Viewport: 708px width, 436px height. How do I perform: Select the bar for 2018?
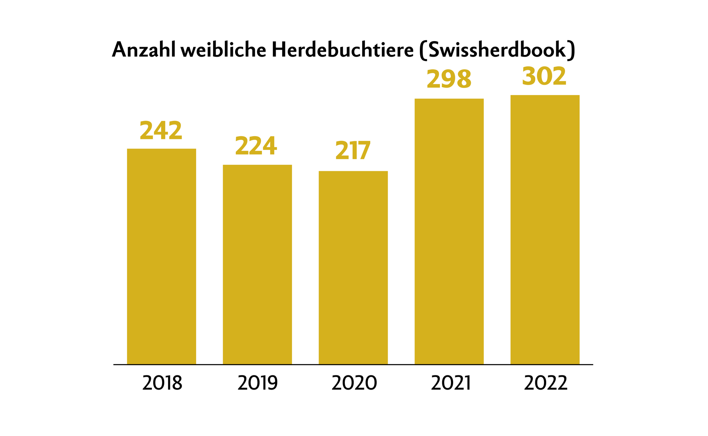(x=161, y=256)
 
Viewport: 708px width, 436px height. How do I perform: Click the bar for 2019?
(x=257, y=264)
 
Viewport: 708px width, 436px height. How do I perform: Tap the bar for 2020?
(x=353, y=268)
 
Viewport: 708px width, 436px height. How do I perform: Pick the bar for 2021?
(x=449, y=231)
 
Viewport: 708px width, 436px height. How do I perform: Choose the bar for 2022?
(x=545, y=229)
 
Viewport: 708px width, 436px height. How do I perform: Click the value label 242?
(x=161, y=131)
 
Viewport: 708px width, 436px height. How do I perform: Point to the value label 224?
(x=256, y=146)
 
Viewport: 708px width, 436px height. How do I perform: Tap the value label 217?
(x=353, y=151)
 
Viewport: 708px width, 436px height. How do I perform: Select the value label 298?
(x=449, y=79)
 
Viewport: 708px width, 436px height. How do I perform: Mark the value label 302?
(x=544, y=77)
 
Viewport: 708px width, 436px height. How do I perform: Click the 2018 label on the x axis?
(x=162, y=383)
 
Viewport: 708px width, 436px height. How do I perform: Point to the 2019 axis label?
(x=258, y=383)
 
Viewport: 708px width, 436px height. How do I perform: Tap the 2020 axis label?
(x=354, y=383)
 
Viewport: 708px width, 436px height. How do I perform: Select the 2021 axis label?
(x=451, y=383)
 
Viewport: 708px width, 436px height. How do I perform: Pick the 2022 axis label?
(x=546, y=383)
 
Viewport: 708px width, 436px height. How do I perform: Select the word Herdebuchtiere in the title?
(x=343, y=50)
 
